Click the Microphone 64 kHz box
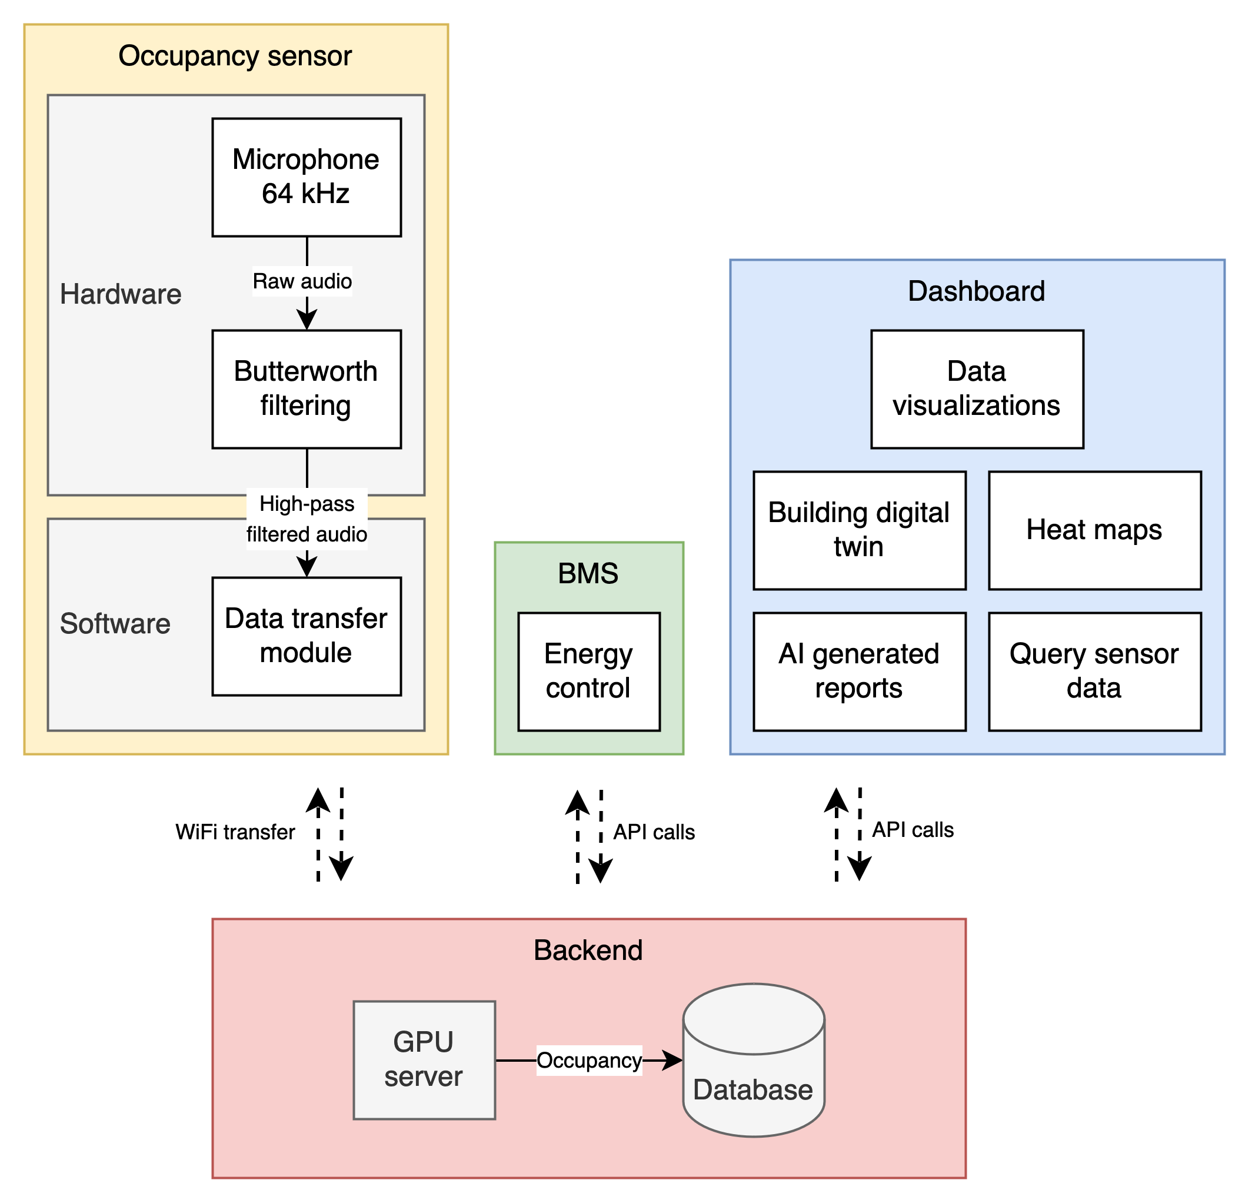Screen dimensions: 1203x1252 coord(307,177)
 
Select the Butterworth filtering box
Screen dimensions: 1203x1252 coord(307,389)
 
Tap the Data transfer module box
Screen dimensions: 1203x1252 coord(307,636)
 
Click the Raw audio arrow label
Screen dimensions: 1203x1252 coord(302,281)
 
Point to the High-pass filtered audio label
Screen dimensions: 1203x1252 coord(307,519)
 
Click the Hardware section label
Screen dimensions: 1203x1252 coord(121,294)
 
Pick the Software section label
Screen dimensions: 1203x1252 coord(115,623)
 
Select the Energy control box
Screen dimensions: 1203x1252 coord(588,672)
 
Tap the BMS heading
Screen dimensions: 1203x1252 coord(588,574)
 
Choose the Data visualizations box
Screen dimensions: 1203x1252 coord(977,389)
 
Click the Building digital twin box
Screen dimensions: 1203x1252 coord(859,530)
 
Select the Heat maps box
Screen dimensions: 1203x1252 coord(1094,530)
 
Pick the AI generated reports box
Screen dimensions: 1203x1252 coord(859,672)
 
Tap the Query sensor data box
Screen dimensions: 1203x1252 coord(1094,672)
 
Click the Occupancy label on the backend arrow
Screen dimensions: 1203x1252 coord(589,1061)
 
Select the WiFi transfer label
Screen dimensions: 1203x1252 coord(235,832)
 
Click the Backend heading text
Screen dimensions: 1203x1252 coord(588,950)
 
